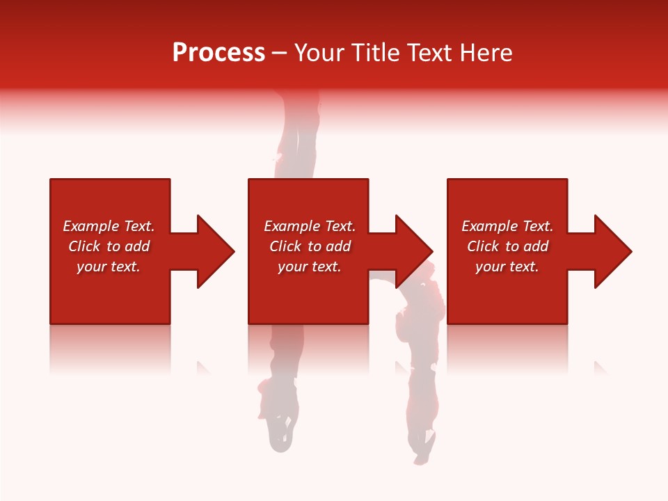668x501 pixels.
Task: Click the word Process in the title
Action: (218, 53)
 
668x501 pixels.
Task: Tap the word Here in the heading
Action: (486, 53)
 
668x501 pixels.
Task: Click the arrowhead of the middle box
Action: (413, 251)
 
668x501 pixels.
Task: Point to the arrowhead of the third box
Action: (612, 251)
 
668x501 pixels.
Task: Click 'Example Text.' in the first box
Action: (109, 226)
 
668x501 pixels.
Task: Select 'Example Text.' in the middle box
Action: (310, 226)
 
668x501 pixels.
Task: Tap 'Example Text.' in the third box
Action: (507, 226)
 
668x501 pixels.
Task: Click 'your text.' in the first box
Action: (109, 267)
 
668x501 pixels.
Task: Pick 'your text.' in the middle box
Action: (310, 267)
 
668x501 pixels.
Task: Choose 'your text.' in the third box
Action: (507, 267)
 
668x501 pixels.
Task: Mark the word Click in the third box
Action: (484, 246)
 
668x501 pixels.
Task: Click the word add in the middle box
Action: (337, 246)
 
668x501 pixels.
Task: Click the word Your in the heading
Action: (317, 53)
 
